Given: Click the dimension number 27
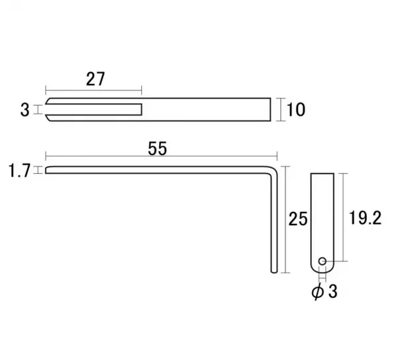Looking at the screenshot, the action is click(x=95, y=79).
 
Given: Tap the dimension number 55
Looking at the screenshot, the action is click(x=157, y=149).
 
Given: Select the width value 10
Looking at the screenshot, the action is click(x=296, y=110).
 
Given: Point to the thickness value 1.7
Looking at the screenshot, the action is click(x=20, y=170).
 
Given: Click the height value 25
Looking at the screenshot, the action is click(x=298, y=219).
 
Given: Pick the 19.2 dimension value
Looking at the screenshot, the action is click(x=365, y=218).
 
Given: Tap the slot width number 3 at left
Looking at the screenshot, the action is click(x=25, y=110).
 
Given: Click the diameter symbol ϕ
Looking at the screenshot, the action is click(x=317, y=291).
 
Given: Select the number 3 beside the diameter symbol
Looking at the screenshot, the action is click(x=333, y=291).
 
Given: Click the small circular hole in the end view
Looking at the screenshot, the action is click(x=322, y=261).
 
